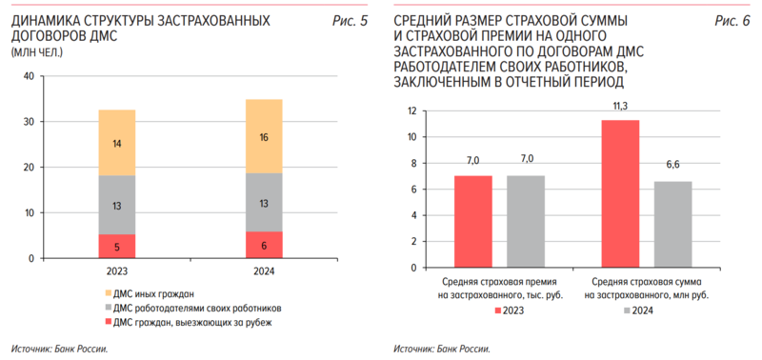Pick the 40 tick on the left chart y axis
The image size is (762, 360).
tap(28, 76)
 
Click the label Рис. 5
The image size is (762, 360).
tap(350, 20)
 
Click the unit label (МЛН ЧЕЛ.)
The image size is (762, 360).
tap(37, 51)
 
